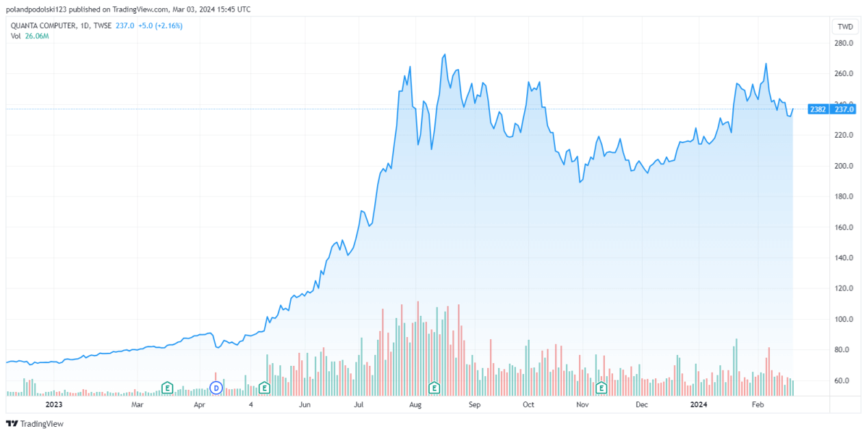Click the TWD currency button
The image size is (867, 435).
[845, 27]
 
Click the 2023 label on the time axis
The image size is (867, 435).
[54, 405]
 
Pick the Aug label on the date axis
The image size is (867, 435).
[415, 405]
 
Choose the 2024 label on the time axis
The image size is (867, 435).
[699, 405]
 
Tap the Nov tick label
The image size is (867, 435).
[582, 405]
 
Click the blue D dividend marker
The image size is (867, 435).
[216, 388]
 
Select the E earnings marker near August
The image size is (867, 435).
[433, 388]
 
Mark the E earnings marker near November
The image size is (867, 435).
[601, 388]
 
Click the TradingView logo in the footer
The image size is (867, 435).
[35, 423]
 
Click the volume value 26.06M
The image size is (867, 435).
[36, 36]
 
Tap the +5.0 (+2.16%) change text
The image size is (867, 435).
[159, 25]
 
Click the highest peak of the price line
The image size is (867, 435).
[445, 54]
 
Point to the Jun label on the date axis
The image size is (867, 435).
[305, 405]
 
